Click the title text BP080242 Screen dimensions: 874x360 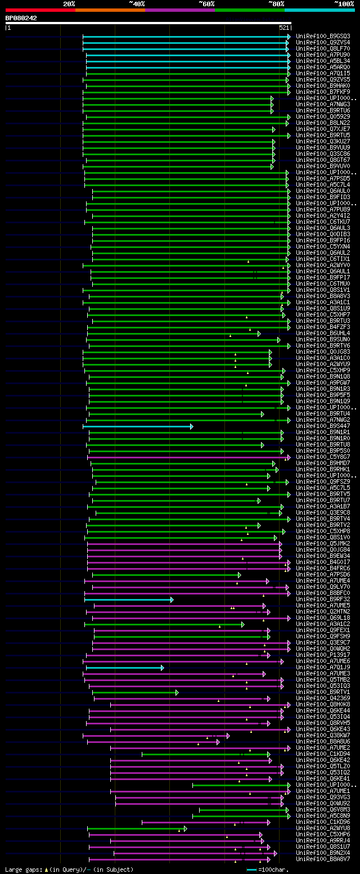pyautogui.click(x=21, y=18)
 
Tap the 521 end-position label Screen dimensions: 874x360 pyautogui.click(x=283, y=28)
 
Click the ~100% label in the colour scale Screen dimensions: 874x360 pyautogui.click(x=344, y=4)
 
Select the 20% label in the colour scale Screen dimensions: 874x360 pyautogui.click(x=69, y=4)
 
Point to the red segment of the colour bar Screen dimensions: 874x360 pyautogui.click(x=40, y=10)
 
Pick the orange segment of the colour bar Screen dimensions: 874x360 pyautogui.click(x=110, y=10)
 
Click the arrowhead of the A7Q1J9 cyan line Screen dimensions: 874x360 pyautogui.click(x=162, y=668)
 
